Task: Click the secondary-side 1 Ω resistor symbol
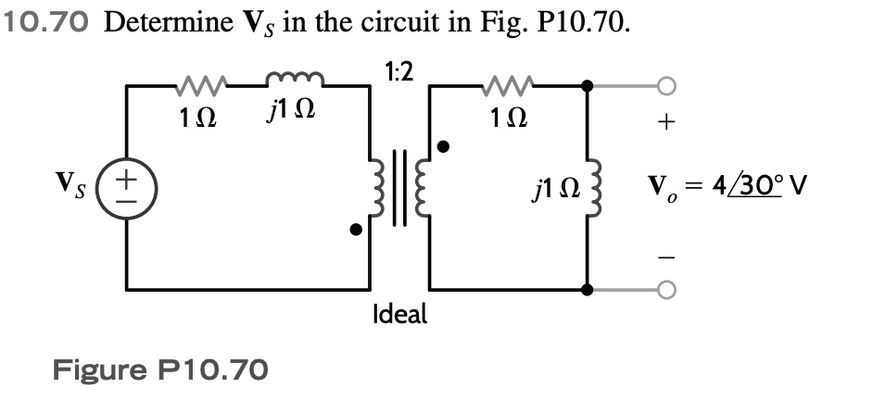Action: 505,87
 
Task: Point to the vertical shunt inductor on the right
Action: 587,192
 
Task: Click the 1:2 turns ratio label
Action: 399,71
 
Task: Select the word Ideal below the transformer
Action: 399,314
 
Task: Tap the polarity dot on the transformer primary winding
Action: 355,230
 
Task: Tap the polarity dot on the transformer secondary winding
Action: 444,146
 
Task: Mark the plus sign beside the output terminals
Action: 668,123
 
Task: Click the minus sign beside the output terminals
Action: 668,256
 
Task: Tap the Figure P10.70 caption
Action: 160,371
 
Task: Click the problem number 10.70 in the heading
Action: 47,23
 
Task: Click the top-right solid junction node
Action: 587,87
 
